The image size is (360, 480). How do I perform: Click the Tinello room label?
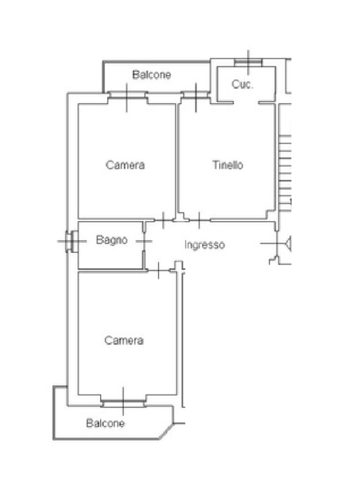(227, 165)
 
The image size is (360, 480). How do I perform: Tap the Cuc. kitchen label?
(242, 85)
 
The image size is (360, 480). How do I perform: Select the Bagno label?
(112, 240)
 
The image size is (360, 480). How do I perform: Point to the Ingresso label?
(204, 245)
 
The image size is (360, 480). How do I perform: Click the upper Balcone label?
(151, 75)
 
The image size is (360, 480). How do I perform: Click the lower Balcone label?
(105, 423)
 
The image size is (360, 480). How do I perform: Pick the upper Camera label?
(125, 165)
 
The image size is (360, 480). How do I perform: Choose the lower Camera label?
(124, 340)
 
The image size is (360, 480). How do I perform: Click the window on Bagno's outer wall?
(70, 241)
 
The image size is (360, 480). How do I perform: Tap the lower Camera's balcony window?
(123, 402)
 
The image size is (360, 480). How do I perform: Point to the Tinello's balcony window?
(195, 95)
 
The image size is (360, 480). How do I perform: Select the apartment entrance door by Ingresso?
(276, 244)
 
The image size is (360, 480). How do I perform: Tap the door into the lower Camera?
(159, 270)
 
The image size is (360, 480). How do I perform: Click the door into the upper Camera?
(163, 219)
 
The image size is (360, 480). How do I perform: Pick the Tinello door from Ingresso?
(198, 219)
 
